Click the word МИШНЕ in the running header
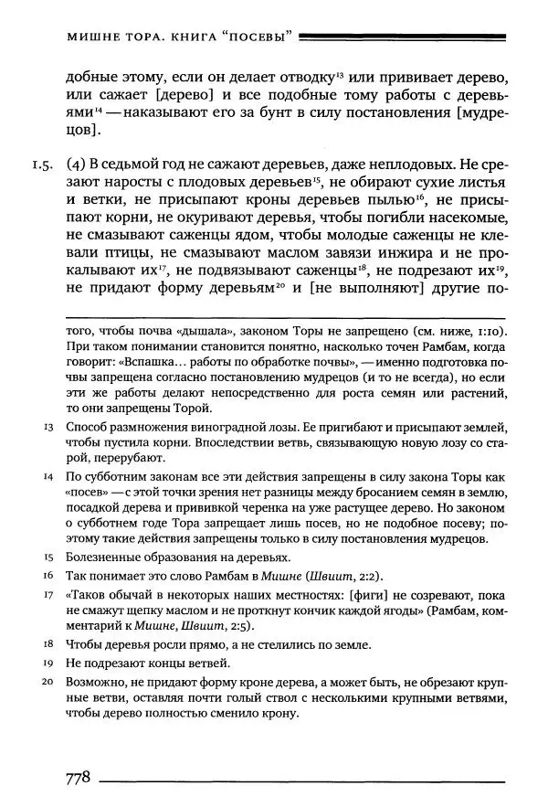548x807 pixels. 97,37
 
